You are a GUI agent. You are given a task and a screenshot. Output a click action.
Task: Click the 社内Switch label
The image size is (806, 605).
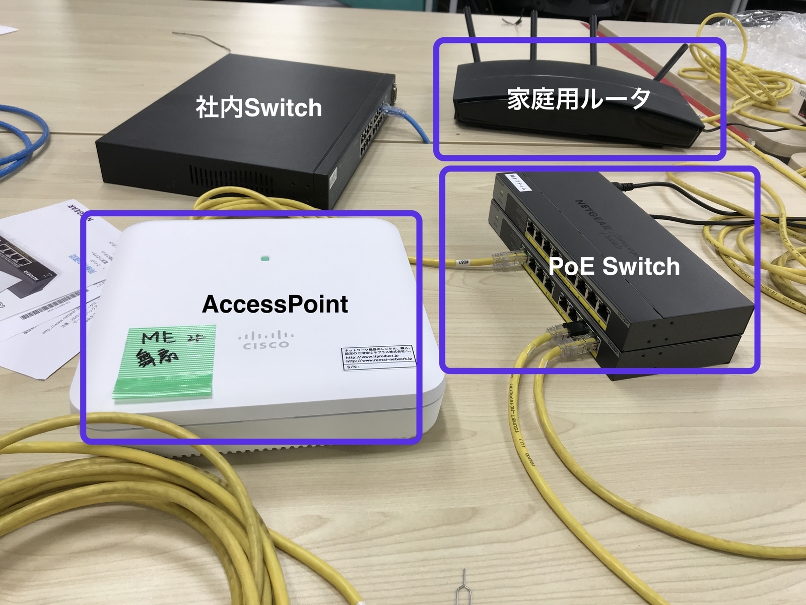[x=258, y=108]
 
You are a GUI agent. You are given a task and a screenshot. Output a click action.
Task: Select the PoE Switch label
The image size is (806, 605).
[x=614, y=266]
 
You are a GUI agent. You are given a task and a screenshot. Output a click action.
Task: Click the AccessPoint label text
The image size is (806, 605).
[x=275, y=304]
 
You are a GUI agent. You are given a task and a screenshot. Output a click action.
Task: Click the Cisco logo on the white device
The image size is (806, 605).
[x=266, y=340]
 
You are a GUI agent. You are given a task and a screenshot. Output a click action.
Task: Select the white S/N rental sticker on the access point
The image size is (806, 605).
[x=378, y=358]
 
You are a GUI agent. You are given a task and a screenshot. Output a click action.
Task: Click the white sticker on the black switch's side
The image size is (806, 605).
[x=333, y=179]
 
